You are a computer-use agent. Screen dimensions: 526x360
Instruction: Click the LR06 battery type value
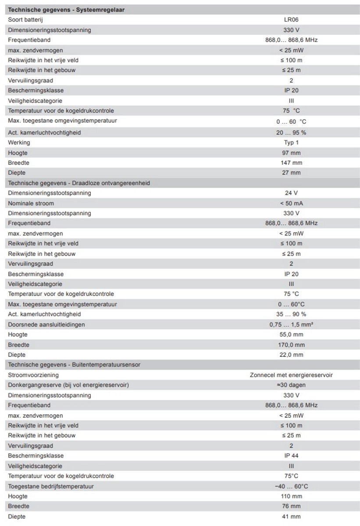[291, 20]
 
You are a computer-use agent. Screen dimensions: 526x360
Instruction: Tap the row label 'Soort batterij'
[25, 20]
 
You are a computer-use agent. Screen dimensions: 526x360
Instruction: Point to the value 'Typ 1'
[291, 142]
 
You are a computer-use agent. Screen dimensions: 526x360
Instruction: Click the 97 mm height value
[291, 153]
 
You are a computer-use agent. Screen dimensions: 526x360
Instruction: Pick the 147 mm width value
[291, 163]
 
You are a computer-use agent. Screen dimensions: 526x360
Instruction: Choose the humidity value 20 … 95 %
[291, 132]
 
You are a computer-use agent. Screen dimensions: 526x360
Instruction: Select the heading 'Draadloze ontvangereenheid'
[79, 183]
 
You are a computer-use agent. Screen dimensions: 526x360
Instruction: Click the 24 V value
[291, 193]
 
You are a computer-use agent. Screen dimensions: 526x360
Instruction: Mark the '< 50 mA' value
[291, 203]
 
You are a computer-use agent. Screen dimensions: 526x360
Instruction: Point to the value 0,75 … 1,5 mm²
[291, 324]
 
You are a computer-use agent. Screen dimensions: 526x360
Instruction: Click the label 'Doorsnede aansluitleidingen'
[46, 324]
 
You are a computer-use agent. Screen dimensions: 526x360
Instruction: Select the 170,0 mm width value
[291, 345]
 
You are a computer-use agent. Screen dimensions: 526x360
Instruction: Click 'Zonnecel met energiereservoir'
[291, 375]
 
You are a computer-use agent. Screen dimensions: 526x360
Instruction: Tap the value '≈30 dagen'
[291, 385]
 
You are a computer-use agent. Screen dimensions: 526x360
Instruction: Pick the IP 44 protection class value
[291, 456]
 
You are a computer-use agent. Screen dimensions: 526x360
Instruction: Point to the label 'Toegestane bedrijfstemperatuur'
[51, 486]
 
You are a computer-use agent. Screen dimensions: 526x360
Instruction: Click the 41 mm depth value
[291, 516]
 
